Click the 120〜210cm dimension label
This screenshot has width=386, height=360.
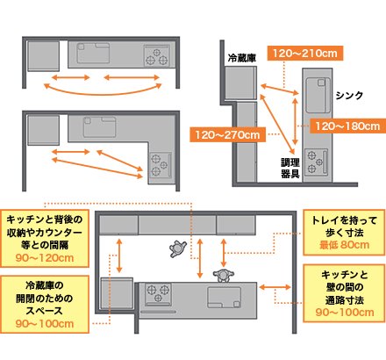pos(305,54)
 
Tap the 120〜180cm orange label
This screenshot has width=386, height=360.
pos(347,126)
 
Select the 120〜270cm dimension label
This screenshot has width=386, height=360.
pos(227,134)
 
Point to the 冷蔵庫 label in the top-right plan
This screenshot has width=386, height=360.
pos(242,58)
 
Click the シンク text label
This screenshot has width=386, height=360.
pos(349,96)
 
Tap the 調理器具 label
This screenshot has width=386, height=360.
pos(290,168)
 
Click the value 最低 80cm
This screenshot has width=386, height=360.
pos(344,245)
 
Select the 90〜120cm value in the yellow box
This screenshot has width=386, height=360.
pos(45,258)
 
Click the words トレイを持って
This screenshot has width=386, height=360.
pos(344,220)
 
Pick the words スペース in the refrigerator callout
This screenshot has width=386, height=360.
pos(45,311)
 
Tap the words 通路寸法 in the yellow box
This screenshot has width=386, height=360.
pos(345,300)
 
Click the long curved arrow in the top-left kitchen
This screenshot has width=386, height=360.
pos(103,93)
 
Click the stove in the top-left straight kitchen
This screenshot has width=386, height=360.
pos(157,55)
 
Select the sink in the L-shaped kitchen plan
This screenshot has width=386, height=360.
pos(99,127)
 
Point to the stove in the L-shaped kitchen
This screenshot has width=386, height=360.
pos(160,165)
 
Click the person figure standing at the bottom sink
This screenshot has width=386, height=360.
pos(224,276)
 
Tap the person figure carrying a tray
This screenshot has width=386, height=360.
pos(178,248)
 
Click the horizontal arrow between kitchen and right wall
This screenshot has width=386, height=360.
pos(275,287)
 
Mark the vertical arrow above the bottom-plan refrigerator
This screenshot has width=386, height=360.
pos(119,256)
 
